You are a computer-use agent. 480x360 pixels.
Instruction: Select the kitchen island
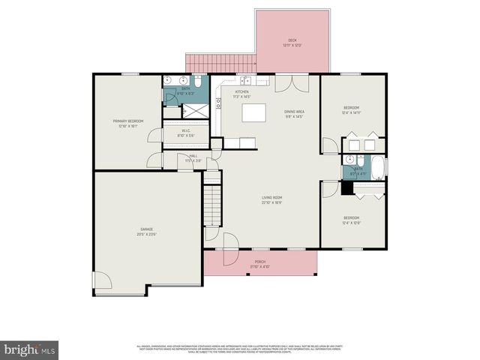click(x=253, y=113)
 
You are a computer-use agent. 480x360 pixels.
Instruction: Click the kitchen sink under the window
click(x=245, y=80)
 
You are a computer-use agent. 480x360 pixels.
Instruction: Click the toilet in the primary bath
click(x=198, y=80)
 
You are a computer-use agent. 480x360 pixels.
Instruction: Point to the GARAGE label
click(x=145, y=232)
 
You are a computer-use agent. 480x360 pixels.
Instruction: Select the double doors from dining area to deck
click(x=289, y=82)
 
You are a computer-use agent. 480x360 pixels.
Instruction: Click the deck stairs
click(x=221, y=63)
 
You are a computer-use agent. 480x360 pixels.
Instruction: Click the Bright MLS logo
click(x=30, y=349)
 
